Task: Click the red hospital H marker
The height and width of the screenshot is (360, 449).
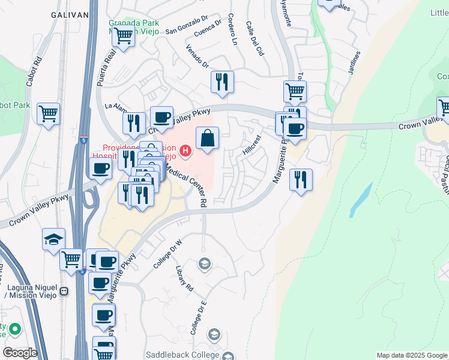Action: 186,151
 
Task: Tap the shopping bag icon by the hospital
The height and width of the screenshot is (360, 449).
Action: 207,138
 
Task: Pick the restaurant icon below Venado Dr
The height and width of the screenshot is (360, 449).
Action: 223,82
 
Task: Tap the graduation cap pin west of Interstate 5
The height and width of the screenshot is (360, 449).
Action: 54,238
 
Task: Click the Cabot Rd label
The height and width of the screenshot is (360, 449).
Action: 38,70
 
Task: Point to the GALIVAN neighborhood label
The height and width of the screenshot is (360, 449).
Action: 70,14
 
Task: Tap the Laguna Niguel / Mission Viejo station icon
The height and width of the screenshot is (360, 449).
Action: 64,292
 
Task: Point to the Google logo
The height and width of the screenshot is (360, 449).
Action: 20,353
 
